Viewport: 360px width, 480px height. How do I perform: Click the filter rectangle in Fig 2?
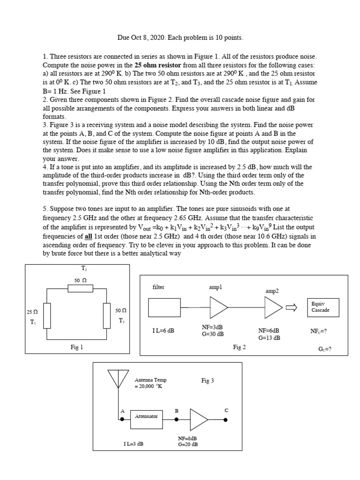[x=165, y=307]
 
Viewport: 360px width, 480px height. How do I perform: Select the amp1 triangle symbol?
[x=218, y=307]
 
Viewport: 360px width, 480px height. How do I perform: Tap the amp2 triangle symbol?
[x=273, y=307]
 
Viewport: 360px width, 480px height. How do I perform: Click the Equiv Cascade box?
[x=322, y=307]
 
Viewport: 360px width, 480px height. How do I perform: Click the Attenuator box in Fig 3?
[x=146, y=416]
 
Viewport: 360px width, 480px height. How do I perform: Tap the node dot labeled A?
[x=122, y=420]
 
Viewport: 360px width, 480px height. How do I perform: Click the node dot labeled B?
[x=176, y=420]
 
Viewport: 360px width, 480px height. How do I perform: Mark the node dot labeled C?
[x=226, y=420]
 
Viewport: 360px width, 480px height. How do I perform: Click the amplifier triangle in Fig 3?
[x=199, y=419]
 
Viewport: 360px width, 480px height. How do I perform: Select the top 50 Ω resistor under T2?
[x=78, y=288]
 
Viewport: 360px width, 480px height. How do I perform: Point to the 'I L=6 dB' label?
[x=163, y=330]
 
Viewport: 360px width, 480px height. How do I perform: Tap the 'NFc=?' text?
[x=319, y=330]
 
